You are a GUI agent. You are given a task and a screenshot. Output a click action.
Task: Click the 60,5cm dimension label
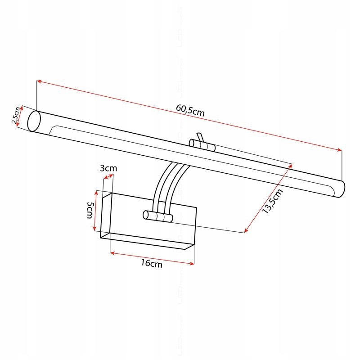[190, 110]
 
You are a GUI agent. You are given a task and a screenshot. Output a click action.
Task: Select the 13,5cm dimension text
[273, 202]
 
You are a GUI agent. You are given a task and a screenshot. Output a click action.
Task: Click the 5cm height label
[90, 210]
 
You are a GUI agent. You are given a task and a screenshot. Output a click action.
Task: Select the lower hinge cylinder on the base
[157, 216]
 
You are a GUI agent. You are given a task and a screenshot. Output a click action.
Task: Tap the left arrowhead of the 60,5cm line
[39, 81]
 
